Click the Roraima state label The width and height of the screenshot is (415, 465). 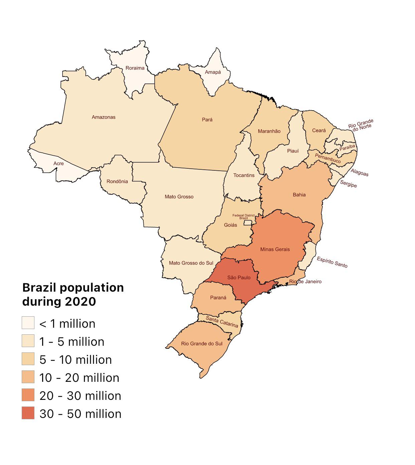pyautogui.click(x=135, y=68)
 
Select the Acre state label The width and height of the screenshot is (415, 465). pyautogui.click(x=58, y=163)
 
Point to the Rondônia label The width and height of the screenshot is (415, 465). pyautogui.click(x=117, y=181)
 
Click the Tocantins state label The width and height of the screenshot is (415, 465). pyautogui.click(x=244, y=175)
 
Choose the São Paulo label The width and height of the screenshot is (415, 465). pyautogui.click(x=239, y=277)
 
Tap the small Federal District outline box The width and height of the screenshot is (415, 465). pyautogui.click(x=248, y=222)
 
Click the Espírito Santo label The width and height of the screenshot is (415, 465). pyautogui.click(x=332, y=262)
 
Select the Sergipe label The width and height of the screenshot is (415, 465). pyautogui.click(x=348, y=184)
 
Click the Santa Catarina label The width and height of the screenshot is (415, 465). pyautogui.click(x=222, y=322)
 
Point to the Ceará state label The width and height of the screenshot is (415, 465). pyautogui.click(x=319, y=131)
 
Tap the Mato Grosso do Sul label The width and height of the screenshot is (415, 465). pyautogui.click(x=191, y=263)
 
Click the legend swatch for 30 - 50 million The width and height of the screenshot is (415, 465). pyautogui.click(x=28, y=413)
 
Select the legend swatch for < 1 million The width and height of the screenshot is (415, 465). pyautogui.click(x=28, y=323)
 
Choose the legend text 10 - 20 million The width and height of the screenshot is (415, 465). pyautogui.click(x=79, y=378)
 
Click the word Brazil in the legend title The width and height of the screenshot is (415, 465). pyautogui.click(x=39, y=287)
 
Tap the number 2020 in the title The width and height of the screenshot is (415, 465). pyautogui.click(x=80, y=301)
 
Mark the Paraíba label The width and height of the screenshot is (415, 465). pyautogui.click(x=347, y=147)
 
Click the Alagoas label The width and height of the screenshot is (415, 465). pyautogui.click(x=360, y=172)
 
